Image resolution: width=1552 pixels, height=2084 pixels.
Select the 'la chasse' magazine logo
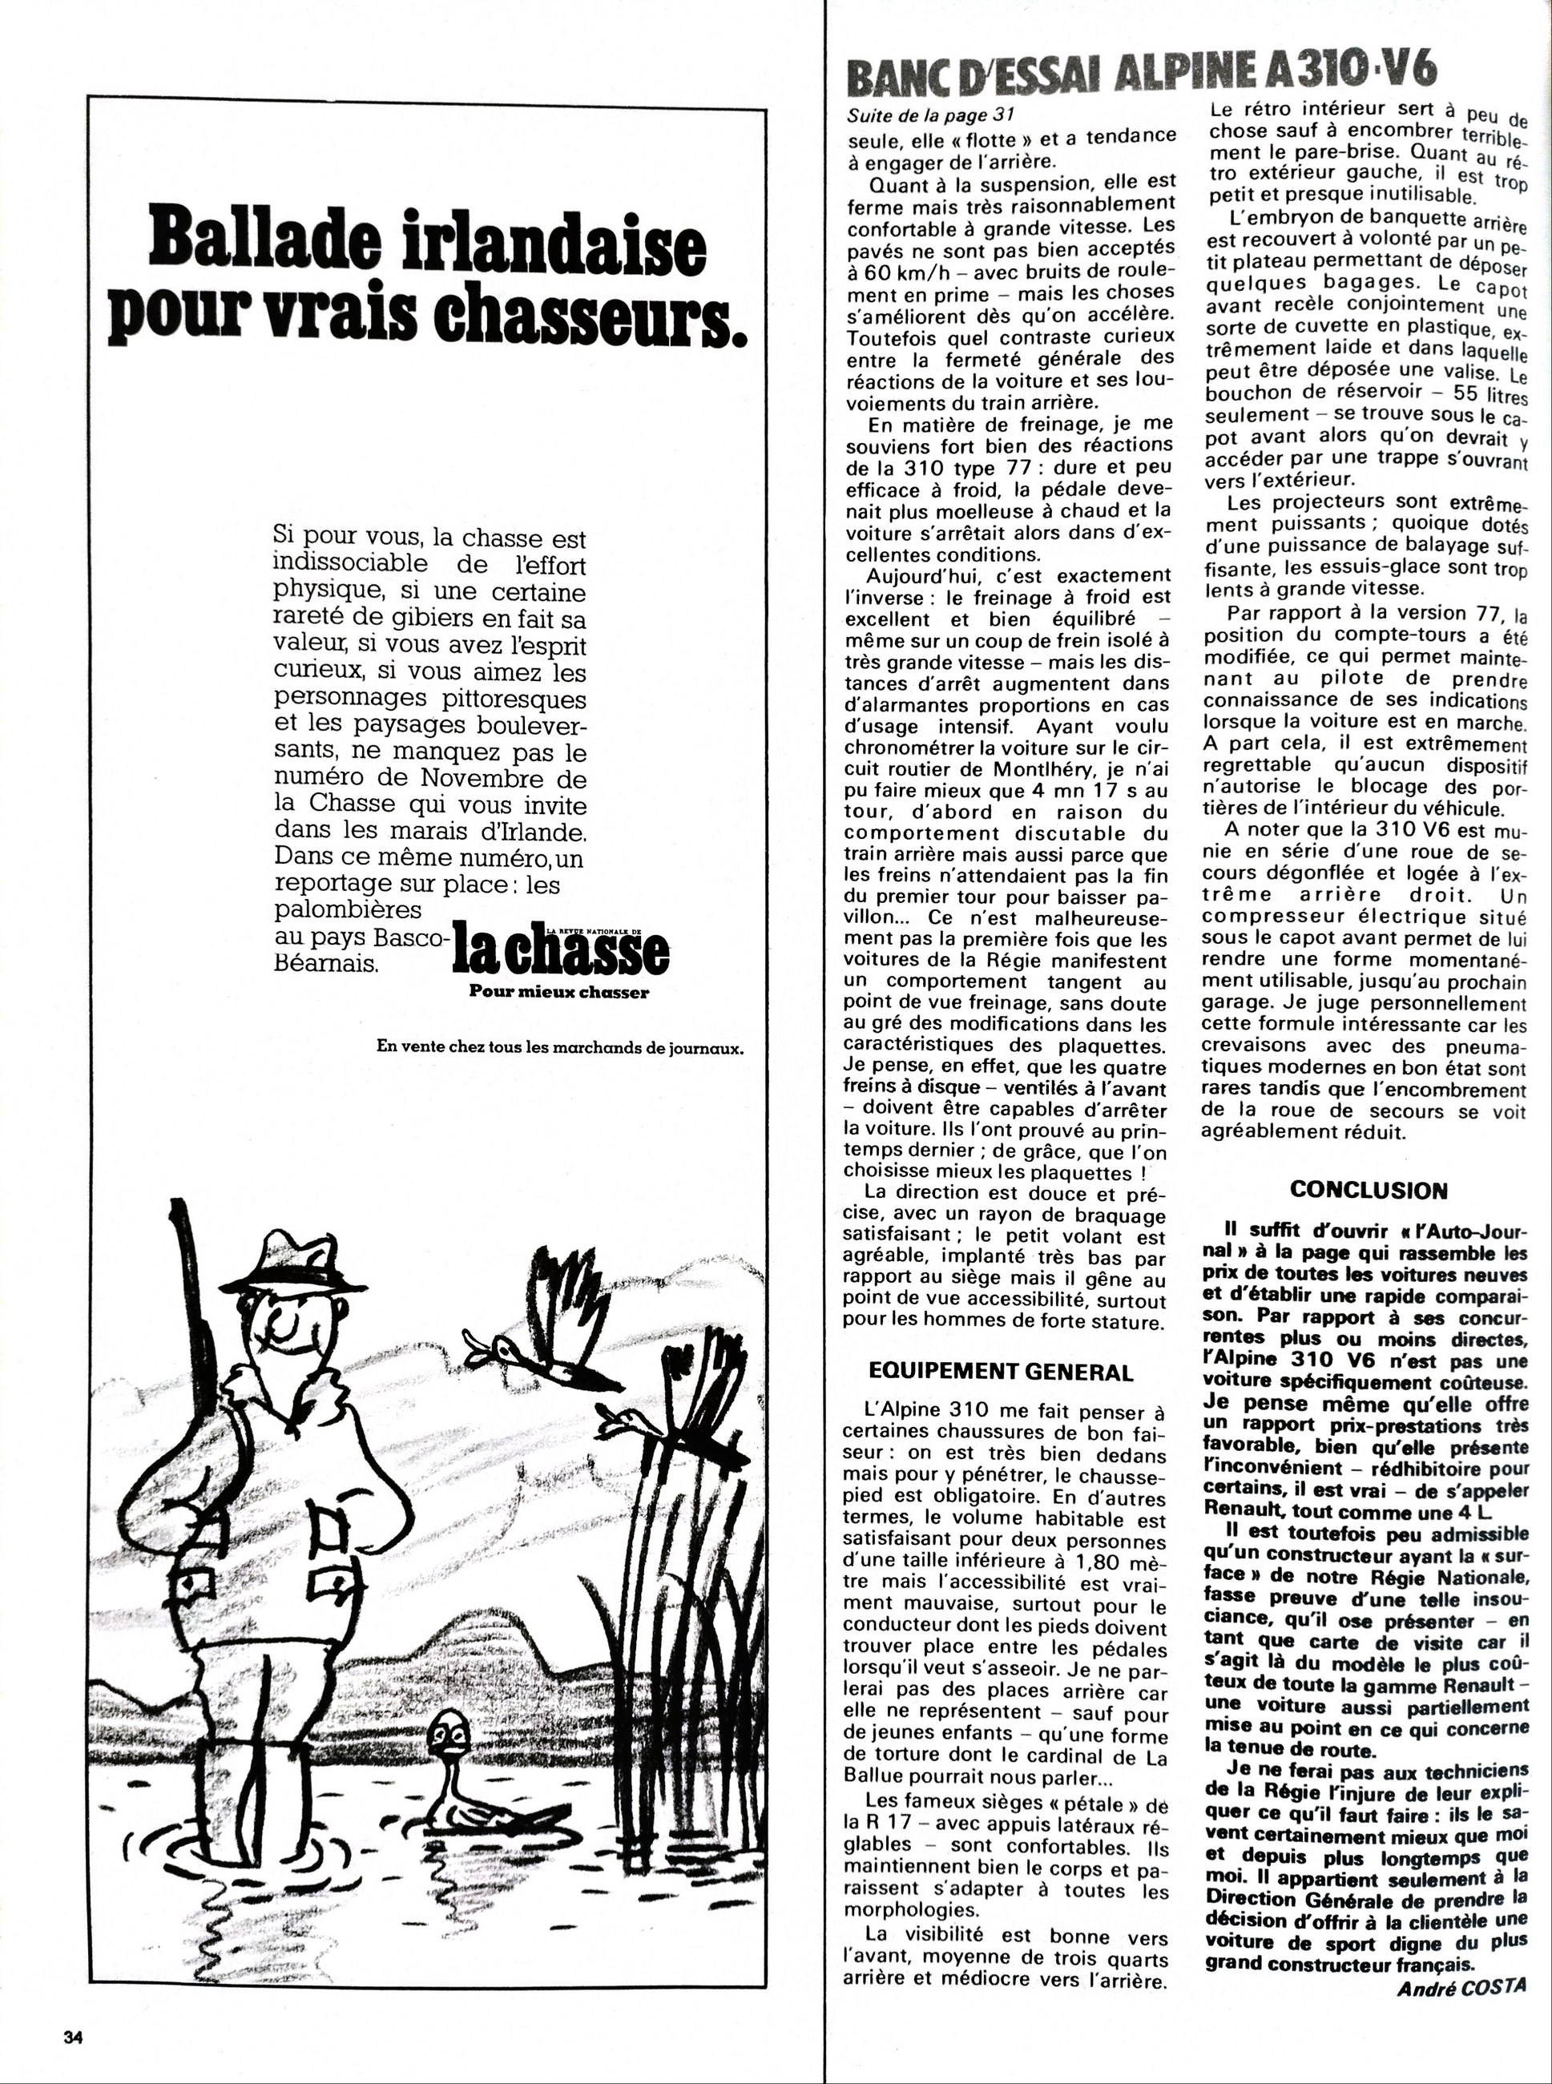(x=561, y=953)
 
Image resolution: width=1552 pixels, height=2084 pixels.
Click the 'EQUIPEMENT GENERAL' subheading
(x=1001, y=1372)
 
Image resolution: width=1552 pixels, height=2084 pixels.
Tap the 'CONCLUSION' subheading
(x=1368, y=1190)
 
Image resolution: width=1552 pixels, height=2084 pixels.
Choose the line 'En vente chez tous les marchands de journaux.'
(x=560, y=1046)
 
